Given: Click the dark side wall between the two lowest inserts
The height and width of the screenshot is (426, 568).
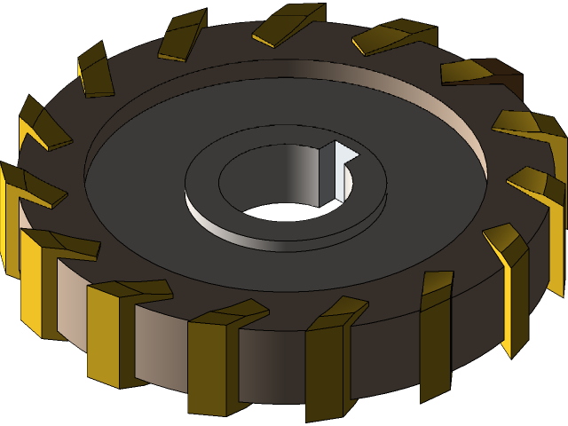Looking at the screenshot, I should pos(271,364).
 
